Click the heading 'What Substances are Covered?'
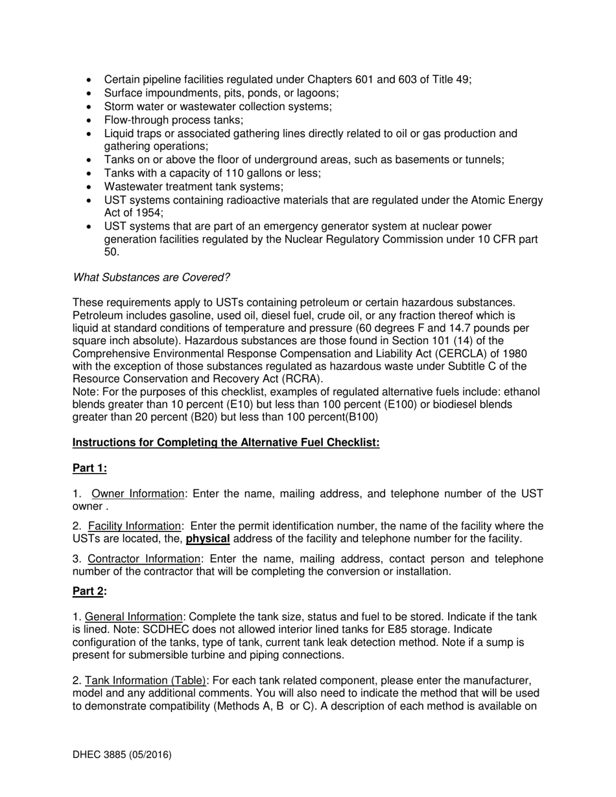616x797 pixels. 151,277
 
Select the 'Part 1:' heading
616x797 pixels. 89,468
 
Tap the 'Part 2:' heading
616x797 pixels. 89,591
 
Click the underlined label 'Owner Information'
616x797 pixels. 138,494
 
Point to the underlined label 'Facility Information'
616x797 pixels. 134,526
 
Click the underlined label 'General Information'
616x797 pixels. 134,617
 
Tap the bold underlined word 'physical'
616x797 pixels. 207,538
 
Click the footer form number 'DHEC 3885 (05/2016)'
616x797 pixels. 122,754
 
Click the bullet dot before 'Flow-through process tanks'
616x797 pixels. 89,120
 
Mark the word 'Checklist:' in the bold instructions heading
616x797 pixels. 354,443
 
